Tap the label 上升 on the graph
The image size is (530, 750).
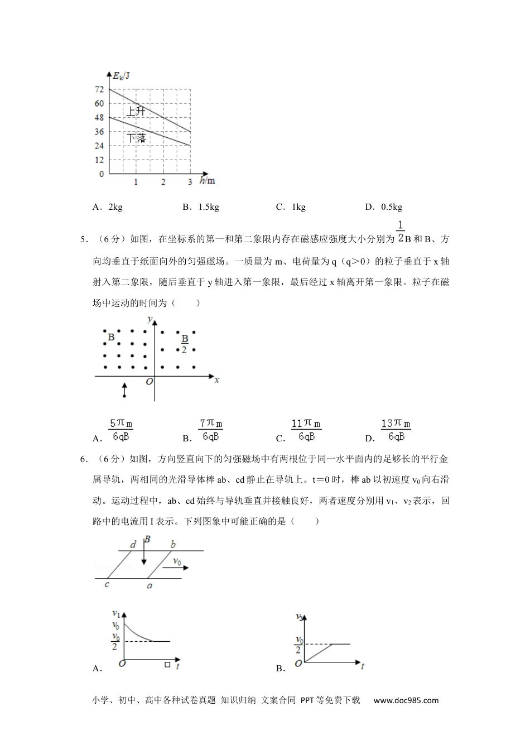(x=136, y=111)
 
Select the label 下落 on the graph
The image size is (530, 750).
(x=136, y=138)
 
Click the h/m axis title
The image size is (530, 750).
(x=208, y=181)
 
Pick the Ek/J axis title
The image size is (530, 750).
(x=121, y=75)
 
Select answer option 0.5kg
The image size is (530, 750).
(x=391, y=207)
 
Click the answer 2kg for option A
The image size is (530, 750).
(x=115, y=207)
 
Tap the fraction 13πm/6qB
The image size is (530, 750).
(x=396, y=430)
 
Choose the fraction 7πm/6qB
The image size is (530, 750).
(x=211, y=430)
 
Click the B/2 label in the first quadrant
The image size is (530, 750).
(x=185, y=344)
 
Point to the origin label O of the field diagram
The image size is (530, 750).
(x=149, y=382)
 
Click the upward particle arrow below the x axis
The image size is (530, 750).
(x=124, y=390)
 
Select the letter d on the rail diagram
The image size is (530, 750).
(x=133, y=545)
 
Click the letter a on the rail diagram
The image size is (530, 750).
(x=149, y=585)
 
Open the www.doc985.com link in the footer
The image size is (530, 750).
(x=406, y=700)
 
